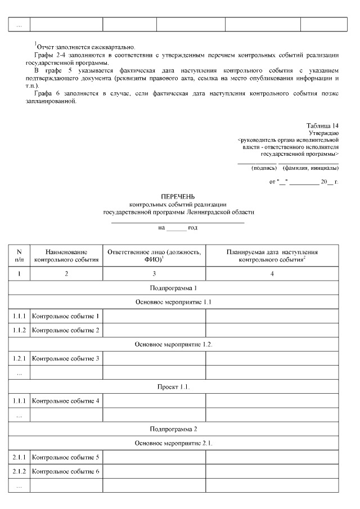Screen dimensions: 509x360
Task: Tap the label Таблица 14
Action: pos(322,125)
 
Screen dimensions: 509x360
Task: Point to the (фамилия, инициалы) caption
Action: pos(310,168)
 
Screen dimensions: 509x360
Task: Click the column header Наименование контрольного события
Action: pos(66,256)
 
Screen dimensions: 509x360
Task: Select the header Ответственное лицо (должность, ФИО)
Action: pos(154,256)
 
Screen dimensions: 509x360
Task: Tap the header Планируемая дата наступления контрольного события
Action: pos(272,256)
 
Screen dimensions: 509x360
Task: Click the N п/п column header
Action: pos(19,256)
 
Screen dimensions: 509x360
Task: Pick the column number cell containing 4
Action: pos(272,274)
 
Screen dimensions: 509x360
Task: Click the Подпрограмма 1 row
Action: pos(174,288)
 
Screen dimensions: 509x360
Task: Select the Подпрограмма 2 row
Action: pos(174,429)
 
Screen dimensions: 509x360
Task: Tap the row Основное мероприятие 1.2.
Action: pos(174,344)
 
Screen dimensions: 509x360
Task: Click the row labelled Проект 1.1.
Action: pos(174,387)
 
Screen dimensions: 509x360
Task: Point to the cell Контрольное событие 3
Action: pos(66,358)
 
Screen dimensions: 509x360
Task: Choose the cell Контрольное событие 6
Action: pos(66,471)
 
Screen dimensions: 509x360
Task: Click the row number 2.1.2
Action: pos(19,471)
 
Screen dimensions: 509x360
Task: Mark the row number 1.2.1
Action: pos(19,358)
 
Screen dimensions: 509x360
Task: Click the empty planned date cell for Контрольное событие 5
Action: pos(272,457)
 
